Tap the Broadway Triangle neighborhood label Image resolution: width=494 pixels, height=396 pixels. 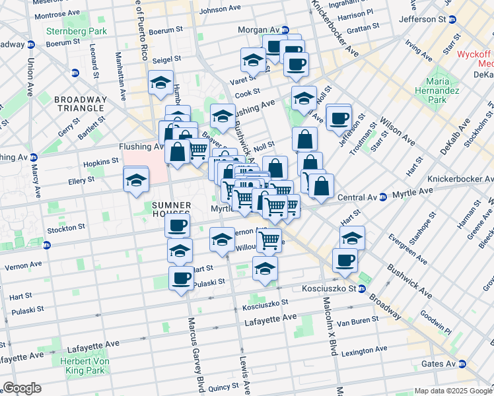[80, 103]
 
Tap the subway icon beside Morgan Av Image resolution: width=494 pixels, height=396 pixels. [285, 30]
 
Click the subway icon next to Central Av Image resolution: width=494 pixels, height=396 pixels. [383, 197]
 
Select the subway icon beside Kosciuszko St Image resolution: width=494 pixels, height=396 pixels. [362, 289]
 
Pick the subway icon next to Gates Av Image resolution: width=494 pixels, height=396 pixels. [462, 364]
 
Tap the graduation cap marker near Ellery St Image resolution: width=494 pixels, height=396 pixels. [136, 180]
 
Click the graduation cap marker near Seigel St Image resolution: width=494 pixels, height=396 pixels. [160, 82]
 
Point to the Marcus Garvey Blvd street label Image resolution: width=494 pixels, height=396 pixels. [195, 343]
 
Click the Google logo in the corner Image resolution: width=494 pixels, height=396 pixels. [21, 388]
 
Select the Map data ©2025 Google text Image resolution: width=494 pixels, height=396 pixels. [452, 391]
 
